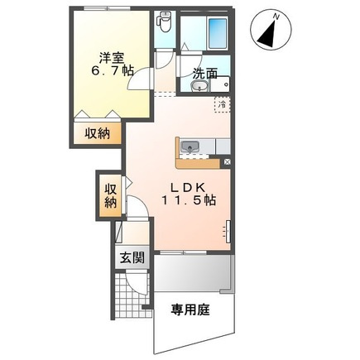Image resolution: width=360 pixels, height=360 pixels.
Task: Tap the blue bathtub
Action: (x=218, y=33)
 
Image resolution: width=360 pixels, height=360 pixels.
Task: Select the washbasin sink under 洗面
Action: (x=199, y=86)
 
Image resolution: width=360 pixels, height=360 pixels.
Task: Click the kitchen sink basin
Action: (x=190, y=146)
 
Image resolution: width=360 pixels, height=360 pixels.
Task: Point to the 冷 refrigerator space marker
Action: (x=222, y=104)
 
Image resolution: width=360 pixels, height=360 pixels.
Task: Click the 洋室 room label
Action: (x=112, y=58)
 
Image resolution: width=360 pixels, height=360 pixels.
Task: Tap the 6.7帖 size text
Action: (x=113, y=71)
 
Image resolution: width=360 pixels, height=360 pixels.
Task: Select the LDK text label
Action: (x=188, y=188)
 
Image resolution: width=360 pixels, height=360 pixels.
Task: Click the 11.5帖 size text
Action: (x=189, y=200)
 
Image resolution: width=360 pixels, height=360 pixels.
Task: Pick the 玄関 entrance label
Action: (x=132, y=258)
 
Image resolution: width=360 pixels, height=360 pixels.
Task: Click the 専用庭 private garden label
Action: (x=190, y=310)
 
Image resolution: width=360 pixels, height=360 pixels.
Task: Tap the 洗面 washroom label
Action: (x=205, y=74)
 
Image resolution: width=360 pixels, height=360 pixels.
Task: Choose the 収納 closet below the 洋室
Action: (x=97, y=134)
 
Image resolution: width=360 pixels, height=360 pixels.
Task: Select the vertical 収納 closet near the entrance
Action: (x=110, y=196)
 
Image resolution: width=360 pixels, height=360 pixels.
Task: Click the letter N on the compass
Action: (x=276, y=17)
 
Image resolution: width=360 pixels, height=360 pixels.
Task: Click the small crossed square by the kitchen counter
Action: (x=227, y=162)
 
